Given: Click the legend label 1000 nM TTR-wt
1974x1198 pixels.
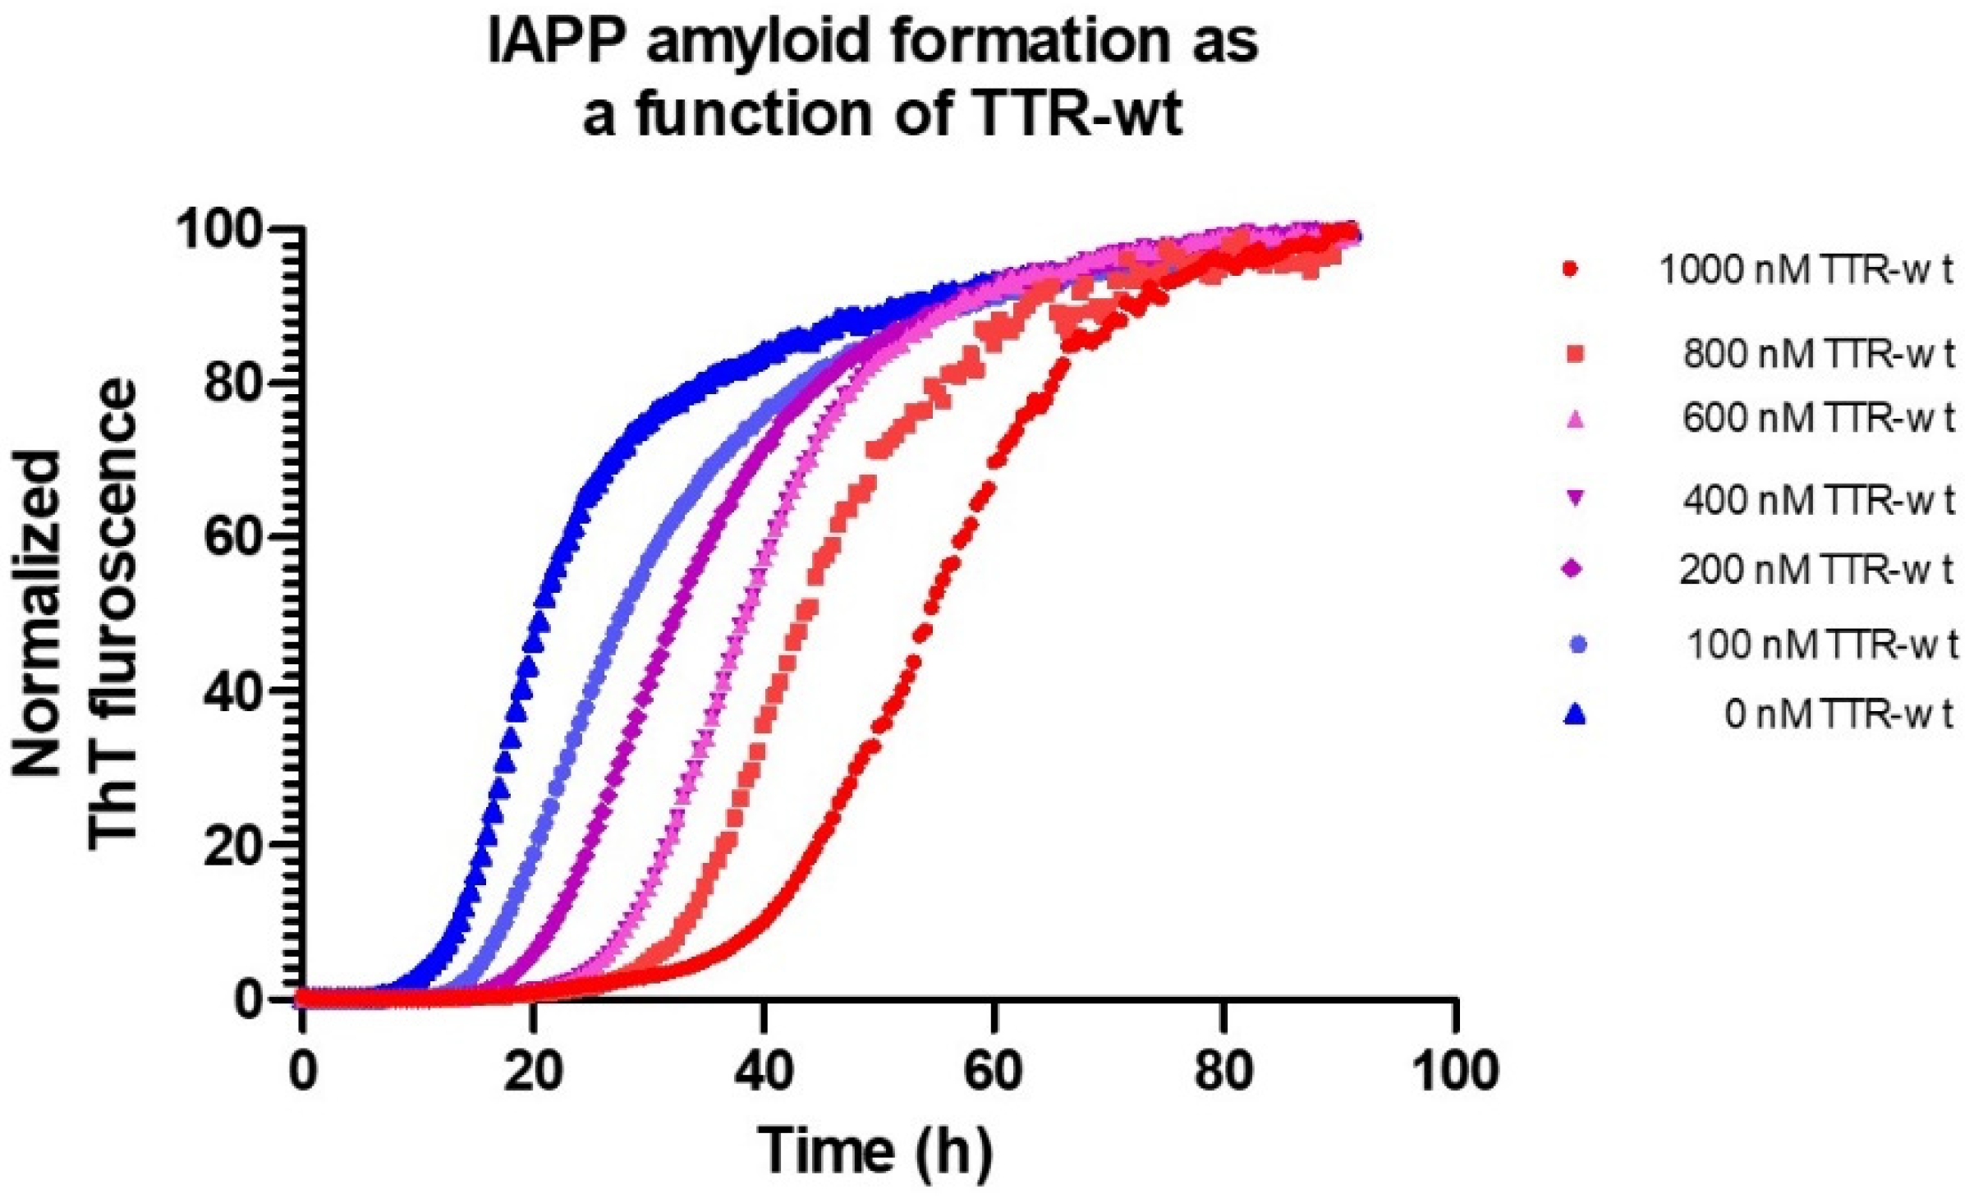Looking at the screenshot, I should pyautogui.click(x=1806, y=272).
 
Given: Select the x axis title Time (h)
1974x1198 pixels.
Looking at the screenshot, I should pyautogui.click(x=875, y=1151).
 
